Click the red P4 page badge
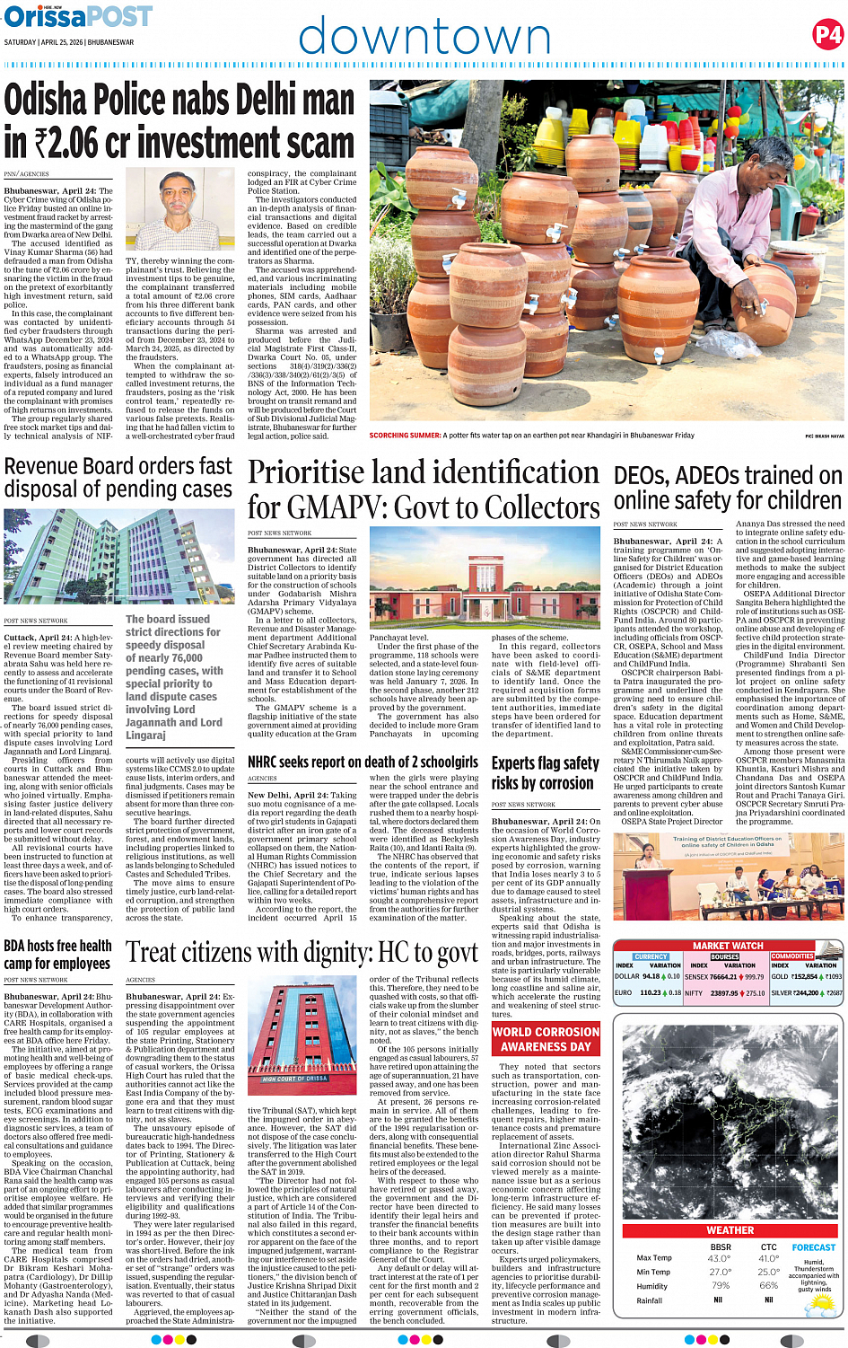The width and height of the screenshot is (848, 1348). tap(827, 35)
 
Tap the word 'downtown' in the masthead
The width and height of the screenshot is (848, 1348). tap(424, 37)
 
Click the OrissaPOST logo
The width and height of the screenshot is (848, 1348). tap(78, 17)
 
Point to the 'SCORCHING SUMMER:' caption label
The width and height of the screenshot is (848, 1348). tap(405, 436)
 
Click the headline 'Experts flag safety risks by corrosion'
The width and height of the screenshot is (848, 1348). tap(545, 772)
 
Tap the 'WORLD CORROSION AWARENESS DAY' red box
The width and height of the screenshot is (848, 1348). tap(546, 1039)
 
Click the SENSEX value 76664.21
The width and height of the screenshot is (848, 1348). tap(723, 976)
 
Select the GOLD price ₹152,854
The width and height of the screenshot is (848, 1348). tap(805, 976)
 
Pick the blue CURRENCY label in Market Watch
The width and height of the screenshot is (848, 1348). tap(651, 956)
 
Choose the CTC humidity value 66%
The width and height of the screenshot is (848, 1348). tap(768, 1286)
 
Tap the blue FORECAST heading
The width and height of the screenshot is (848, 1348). tap(813, 1247)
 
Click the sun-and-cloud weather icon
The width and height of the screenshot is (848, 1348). tap(820, 1305)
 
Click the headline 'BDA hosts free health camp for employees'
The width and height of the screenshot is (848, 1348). tap(57, 955)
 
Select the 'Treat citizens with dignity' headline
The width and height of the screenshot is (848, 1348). tap(302, 952)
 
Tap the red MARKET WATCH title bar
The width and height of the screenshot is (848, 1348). tap(728, 946)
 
